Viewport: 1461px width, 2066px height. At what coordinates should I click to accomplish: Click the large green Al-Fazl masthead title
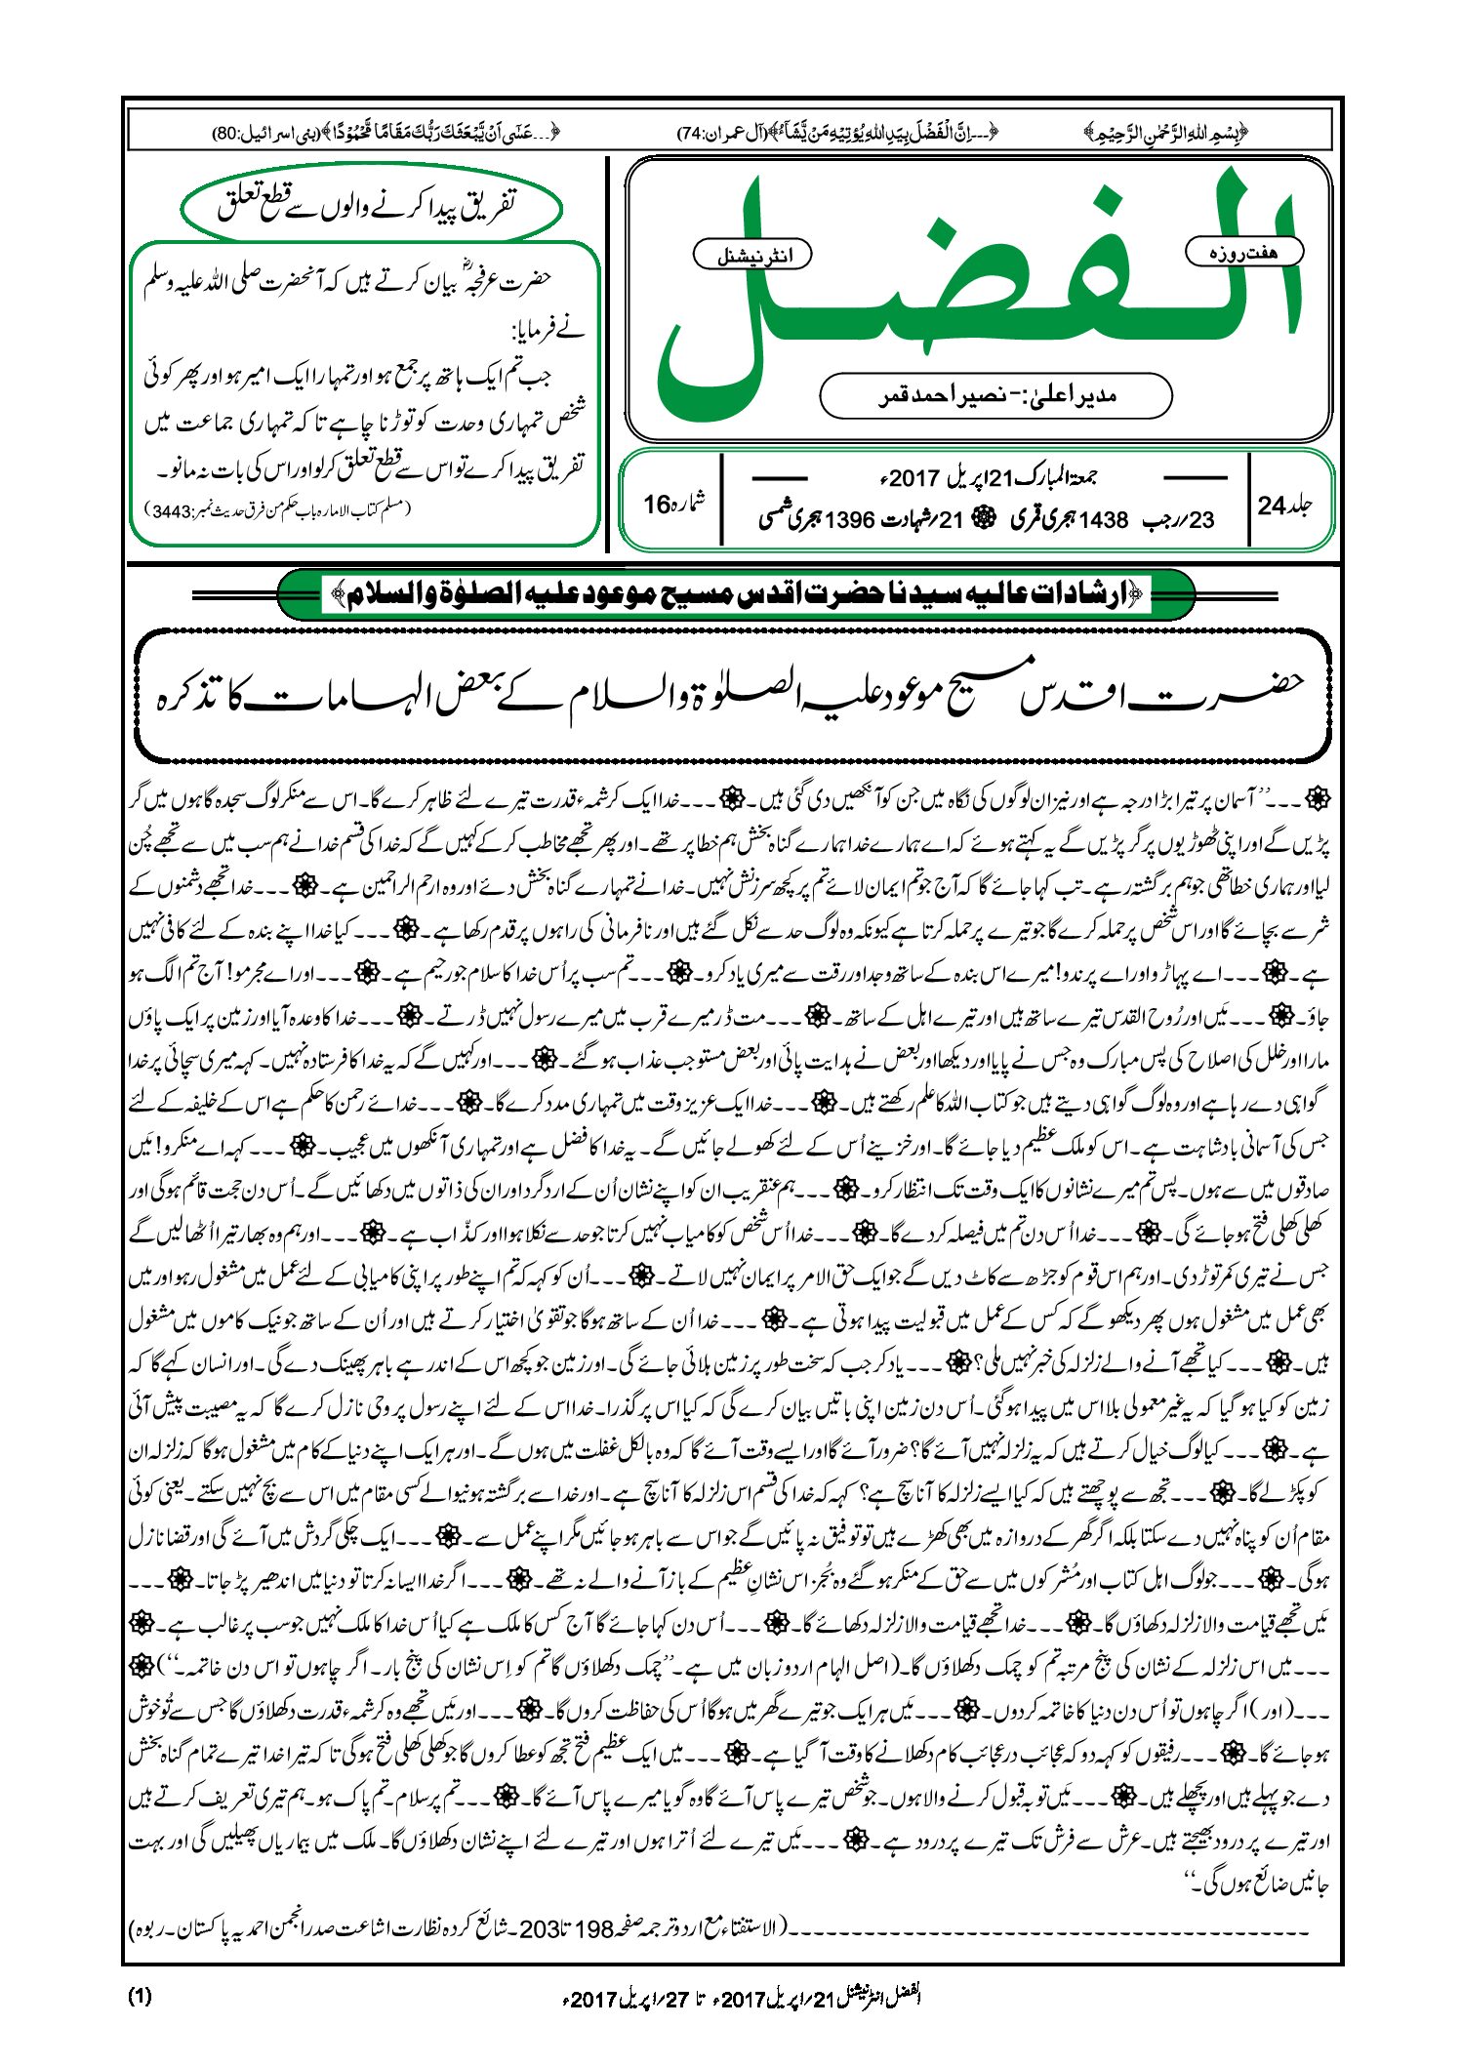[x=976, y=293]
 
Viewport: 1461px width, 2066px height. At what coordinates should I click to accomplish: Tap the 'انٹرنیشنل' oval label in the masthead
[x=751, y=256]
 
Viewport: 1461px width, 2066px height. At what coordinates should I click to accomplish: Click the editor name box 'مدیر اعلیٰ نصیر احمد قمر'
[x=995, y=396]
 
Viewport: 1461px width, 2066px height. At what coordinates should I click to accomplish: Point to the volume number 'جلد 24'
[x=1285, y=506]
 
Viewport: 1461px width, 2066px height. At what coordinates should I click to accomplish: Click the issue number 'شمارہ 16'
[x=672, y=504]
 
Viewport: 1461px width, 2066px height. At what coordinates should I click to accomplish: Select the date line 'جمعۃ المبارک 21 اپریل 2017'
[x=986, y=478]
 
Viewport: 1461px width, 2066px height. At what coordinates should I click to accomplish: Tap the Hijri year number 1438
[x=1104, y=520]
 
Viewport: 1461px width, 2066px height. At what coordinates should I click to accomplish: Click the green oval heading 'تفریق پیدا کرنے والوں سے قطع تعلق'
[x=371, y=206]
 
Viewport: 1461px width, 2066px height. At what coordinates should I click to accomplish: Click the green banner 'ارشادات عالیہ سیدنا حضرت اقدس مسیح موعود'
[x=737, y=594]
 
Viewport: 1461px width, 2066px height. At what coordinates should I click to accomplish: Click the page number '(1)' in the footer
[x=141, y=1996]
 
